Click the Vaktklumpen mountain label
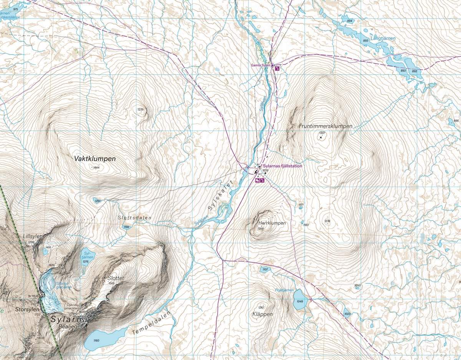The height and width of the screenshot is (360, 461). click(95, 158)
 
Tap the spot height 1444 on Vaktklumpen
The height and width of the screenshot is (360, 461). click(96, 167)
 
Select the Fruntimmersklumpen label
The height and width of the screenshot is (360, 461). click(325, 126)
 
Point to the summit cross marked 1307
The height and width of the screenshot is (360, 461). click(321, 137)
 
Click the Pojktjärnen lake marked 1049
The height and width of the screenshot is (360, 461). click(299, 300)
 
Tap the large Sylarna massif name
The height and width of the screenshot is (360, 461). click(69, 319)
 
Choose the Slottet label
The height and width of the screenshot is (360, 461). click(115, 278)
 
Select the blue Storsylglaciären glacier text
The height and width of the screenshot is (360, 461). click(63, 285)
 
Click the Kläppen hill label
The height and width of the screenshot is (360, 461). click(263, 314)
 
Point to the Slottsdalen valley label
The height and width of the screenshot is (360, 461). click(134, 218)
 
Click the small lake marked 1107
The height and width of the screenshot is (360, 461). click(265, 269)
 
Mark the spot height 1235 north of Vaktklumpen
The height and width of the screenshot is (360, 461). click(140, 110)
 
